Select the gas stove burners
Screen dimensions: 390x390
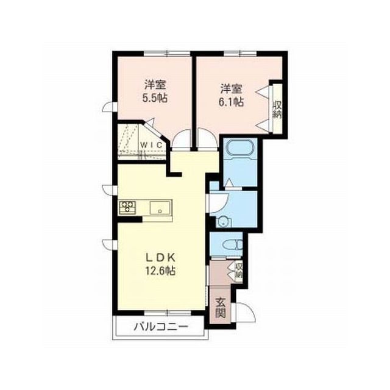coord(128,207)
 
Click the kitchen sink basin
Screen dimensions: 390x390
coord(160,207)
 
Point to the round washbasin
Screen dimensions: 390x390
coord(224,221)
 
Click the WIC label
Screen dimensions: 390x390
coord(152,145)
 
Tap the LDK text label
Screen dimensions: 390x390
coord(161,258)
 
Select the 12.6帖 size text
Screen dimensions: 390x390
coord(161,271)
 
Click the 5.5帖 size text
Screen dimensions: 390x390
coord(154,99)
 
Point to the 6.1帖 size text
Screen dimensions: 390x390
coord(232,102)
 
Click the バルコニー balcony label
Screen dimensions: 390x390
coord(161,327)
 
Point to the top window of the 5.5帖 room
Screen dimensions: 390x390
coord(167,54)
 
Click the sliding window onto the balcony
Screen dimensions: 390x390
coord(167,313)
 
